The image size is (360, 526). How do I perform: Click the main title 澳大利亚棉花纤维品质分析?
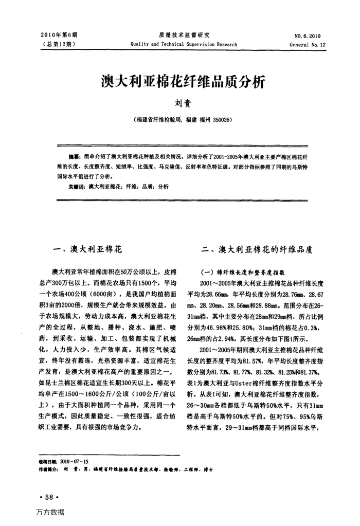180,81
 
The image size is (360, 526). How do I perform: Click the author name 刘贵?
180,103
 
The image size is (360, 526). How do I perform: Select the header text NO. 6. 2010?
308,36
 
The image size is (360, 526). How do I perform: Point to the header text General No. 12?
308,45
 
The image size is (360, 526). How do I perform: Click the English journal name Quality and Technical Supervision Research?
184,45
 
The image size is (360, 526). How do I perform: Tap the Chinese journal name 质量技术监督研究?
184,35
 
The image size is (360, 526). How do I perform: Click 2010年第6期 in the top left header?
59,35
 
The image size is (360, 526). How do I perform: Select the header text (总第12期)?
59,45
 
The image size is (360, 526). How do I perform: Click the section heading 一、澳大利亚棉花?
88,249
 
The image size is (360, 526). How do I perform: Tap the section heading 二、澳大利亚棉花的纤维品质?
257,249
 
